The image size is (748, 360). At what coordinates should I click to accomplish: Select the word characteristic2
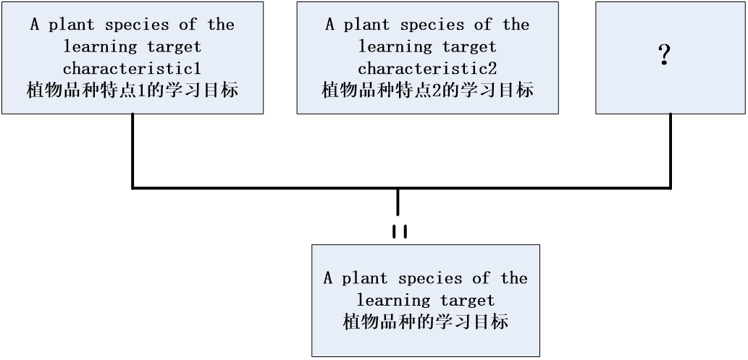tap(426, 69)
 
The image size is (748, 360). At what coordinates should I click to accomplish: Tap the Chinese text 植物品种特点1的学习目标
tap(132, 91)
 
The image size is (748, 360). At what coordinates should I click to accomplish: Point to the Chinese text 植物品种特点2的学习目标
tap(427, 91)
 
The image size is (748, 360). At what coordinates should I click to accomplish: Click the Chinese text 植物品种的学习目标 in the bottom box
tap(425, 322)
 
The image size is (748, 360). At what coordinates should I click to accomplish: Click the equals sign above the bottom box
tap(399, 231)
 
